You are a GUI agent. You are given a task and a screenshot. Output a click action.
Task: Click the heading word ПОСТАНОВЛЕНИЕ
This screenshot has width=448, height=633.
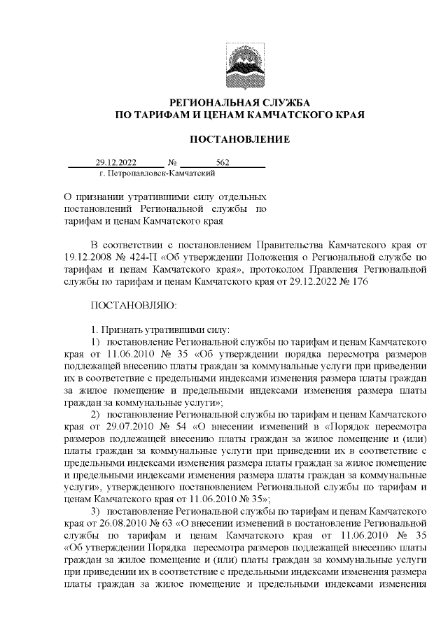click(239, 140)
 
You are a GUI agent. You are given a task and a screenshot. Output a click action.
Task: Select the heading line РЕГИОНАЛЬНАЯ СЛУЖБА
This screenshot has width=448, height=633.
click(239, 102)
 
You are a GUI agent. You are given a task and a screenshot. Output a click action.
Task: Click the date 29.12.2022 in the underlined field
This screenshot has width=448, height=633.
click(116, 162)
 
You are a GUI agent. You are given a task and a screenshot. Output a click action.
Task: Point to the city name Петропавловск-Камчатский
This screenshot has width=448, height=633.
click(157, 173)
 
